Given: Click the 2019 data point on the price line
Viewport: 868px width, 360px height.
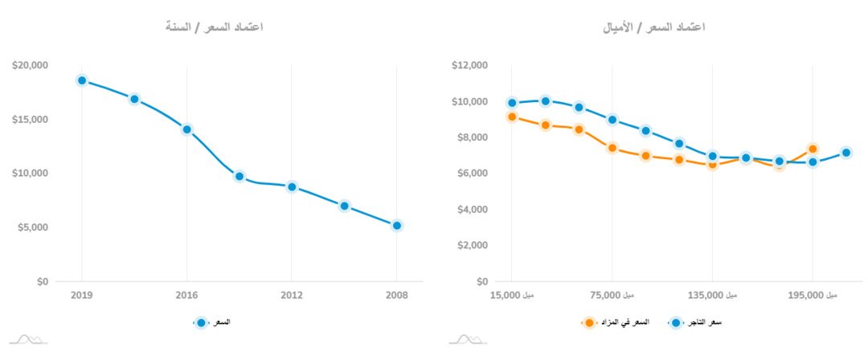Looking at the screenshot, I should pyautogui.click(x=82, y=80).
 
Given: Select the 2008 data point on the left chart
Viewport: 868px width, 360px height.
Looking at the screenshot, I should pyautogui.click(x=397, y=226).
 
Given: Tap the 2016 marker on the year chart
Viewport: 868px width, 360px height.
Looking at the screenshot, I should pyautogui.click(x=187, y=129).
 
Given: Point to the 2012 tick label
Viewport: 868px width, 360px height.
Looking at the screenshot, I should pyautogui.click(x=292, y=295).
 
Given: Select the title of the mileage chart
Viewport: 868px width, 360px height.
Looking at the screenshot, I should pyautogui.click(x=654, y=27).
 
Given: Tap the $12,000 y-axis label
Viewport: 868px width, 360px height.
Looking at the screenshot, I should pyautogui.click(x=469, y=65).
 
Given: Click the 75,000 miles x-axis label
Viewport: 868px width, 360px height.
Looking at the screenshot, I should pyautogui.click(x=612, y=295).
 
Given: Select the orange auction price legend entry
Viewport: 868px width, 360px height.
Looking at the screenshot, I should pyautogui.click(x=615, y=322).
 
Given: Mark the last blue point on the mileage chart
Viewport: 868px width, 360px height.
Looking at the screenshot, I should pyautogui.click(x=845, y=153).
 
